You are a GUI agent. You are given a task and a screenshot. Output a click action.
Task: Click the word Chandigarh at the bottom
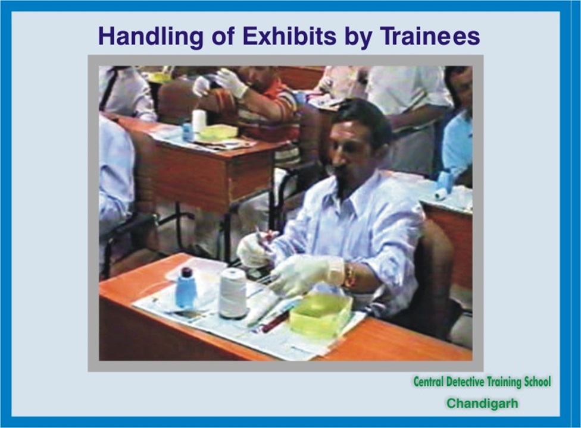pyautogui.click(x=482, y=403)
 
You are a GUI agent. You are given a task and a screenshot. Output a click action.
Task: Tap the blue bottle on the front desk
pyautogui.click(x=185, y=288)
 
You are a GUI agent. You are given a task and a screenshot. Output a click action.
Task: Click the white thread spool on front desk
pyautogui.click(x=233, y=293)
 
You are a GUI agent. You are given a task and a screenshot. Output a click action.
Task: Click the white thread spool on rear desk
pyautogui.click(x=199, y=120)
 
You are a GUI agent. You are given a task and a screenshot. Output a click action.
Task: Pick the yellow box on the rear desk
pyautogui.click(x=218, y=132)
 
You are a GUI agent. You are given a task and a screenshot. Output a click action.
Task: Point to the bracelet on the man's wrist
pyautogui.click(x=349, y=275)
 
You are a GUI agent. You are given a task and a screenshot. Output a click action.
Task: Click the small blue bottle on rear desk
pyautogui.click(x=188, y=132)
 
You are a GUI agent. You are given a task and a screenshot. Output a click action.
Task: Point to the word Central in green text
pyautogui.click(x=429, y=382)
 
